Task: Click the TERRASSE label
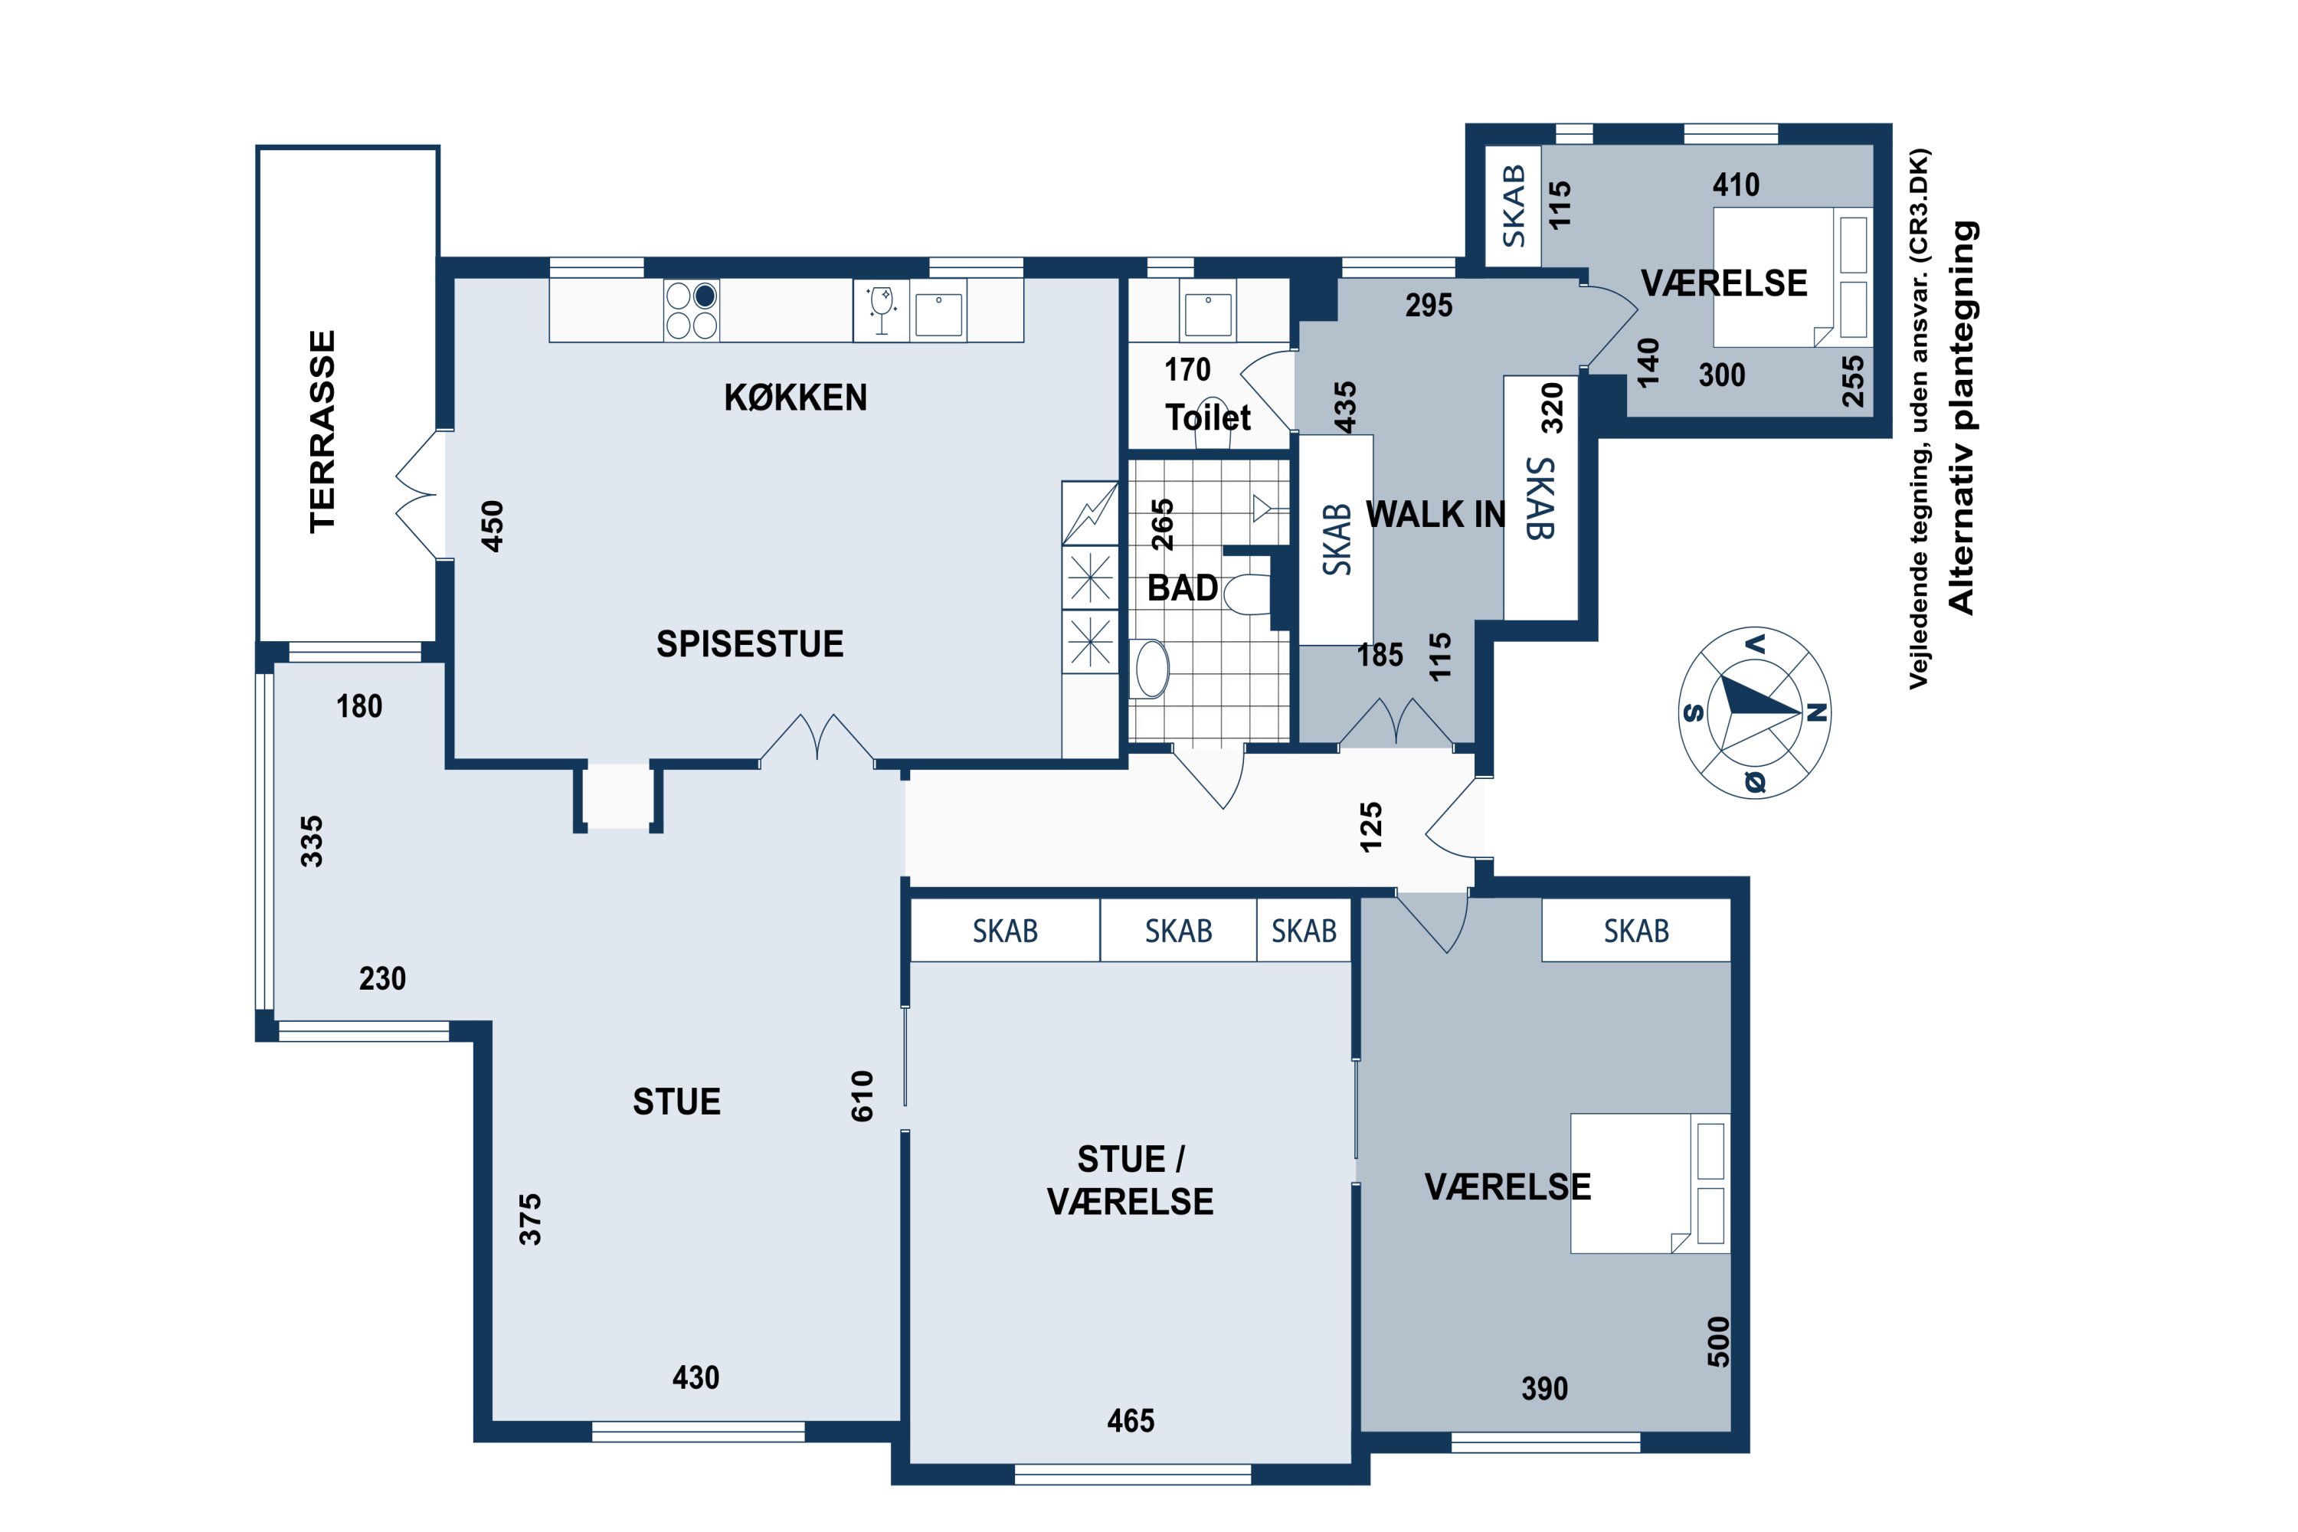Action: pos(322,432)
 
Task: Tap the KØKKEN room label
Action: pos(795,398)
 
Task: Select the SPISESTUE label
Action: pos(749,644)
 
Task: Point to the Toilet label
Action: pos(1208,418)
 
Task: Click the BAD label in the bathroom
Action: pos(1182,588)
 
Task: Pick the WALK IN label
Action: pos(1435,514)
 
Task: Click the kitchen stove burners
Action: pos(692,311)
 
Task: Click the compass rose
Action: pos(1755,712)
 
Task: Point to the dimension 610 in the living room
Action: pos(862,1096)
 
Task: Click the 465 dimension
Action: pos(1131,1421)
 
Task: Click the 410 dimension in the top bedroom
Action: pos(1737,185)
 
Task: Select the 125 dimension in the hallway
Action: pos(1372,827)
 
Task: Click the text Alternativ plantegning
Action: pos(1962,417)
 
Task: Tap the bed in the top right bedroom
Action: pos(1793,277)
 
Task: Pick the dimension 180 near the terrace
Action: pos(359,705)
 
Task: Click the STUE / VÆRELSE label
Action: pos(1131,1180)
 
